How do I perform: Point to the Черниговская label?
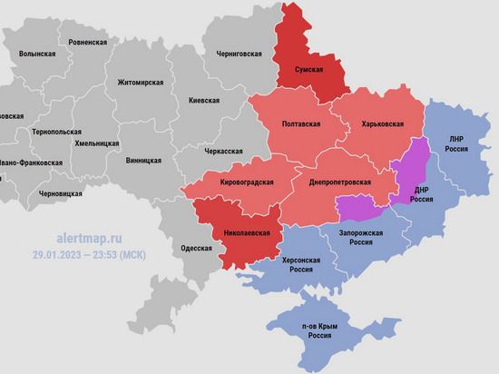click(240, 54)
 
